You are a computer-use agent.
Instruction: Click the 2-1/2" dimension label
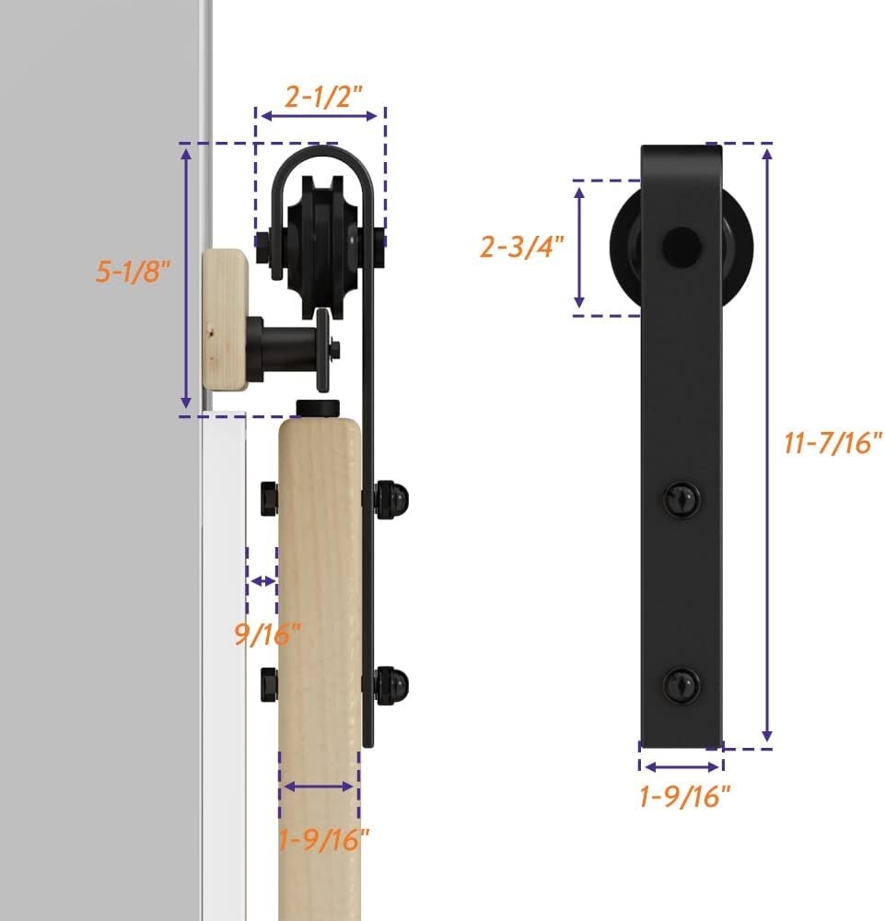click(320, 96)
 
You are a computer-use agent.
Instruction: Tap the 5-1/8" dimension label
click(134, 271)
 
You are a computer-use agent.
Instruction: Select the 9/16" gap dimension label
click(267, 634)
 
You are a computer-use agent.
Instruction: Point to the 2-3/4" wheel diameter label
click(521, 247)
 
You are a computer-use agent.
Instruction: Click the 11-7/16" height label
click(828, 443)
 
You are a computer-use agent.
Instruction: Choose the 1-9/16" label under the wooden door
click(324, 838)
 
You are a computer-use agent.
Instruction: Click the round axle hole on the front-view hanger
click(681, 245)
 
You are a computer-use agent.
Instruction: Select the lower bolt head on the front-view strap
click(681, 684)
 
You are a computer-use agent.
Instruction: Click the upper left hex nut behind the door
click(268, 498)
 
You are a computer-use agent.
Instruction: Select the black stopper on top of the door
click(319, 408)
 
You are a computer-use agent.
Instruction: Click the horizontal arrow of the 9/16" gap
click(262, 581)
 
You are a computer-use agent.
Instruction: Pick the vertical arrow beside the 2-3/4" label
click(579, 247)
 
